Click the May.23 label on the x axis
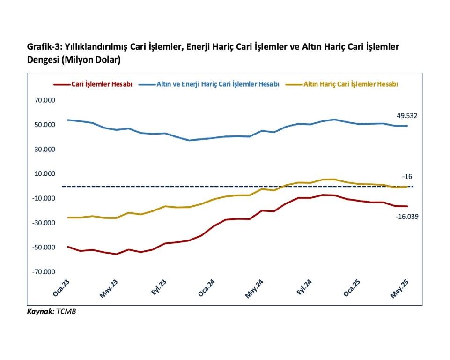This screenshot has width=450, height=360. (x=108, y=289)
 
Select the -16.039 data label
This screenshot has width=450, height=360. (x=406, y=217)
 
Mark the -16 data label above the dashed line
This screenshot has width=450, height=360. (x=407, y=177)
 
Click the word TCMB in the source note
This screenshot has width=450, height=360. (x=66, y=311)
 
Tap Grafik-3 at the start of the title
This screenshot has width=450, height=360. (x=42, y=47)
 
